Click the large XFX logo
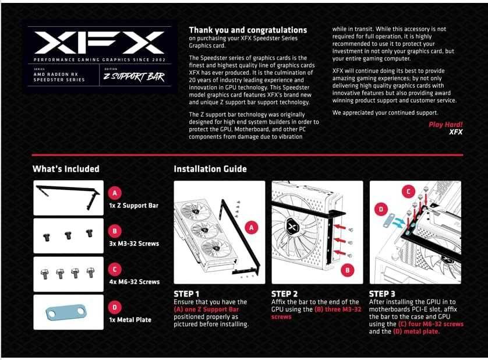pos(98,43)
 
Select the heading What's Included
pos(66,169)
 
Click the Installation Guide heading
pos(210,169)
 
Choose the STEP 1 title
pos(186,294)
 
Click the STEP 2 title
pos(285,294)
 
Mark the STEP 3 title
pos(383,294)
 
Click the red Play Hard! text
pos(445,124)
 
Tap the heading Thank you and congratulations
pos(248,30)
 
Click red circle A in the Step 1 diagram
pos(252,228)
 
